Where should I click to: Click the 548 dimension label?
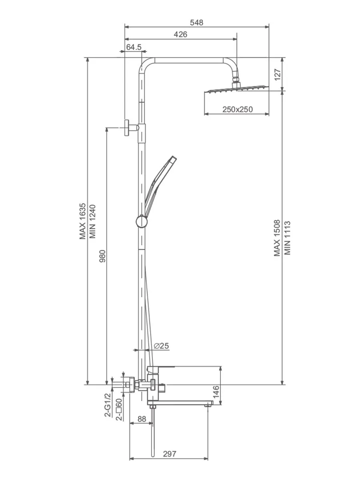(196, 22)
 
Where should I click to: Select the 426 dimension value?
(180, 34)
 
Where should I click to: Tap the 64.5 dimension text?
(134, 47)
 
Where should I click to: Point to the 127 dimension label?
(277, 74)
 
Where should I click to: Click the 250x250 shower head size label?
(237, 109)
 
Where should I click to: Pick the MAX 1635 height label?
(83, 221)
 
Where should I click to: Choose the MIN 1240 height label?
(92, 221)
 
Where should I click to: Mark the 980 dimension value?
(102, 256)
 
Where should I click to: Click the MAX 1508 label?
(277, 238)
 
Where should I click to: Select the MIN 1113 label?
(287, 238)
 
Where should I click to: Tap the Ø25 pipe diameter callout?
(161, 346)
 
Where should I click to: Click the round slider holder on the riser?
(142, 222)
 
